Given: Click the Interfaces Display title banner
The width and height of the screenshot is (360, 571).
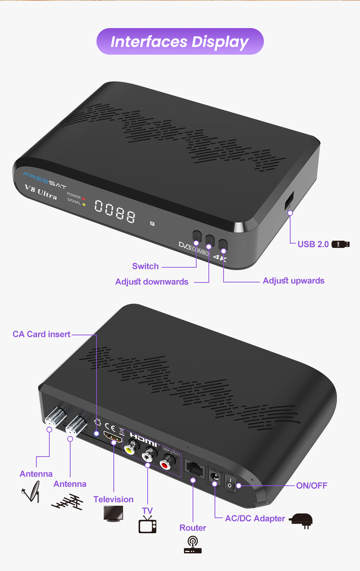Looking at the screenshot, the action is [180, 42].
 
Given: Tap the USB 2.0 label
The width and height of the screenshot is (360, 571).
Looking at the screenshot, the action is [313, 244].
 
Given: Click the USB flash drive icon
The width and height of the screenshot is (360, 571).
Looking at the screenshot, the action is [341, 244].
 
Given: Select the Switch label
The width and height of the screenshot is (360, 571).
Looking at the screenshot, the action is [145, 266].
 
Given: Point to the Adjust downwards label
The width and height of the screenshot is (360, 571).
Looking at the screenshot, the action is [152, 282].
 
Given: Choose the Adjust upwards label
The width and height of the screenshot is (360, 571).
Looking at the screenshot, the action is [293, 281].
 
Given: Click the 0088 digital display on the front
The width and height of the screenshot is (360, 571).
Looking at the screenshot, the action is [115, 212].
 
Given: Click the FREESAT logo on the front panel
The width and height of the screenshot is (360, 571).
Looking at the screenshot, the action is [45, 180].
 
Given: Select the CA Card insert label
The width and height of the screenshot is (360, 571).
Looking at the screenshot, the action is [41, 334].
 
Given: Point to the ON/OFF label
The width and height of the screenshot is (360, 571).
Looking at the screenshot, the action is [311, 486].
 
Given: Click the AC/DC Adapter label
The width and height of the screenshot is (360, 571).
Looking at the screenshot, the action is [255, 518].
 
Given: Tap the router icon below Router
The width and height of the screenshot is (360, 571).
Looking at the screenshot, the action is [193, 545].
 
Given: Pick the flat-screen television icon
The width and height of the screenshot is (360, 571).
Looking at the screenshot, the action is [113, 513].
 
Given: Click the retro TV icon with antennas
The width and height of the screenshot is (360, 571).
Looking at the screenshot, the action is [148, 525].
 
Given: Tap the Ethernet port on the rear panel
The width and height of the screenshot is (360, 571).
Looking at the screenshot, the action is [194, 468].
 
